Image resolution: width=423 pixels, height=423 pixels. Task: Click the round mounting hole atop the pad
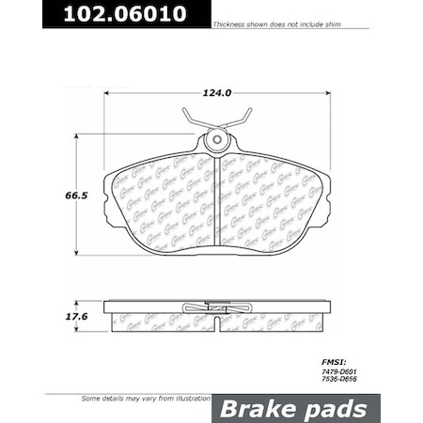[218, 142]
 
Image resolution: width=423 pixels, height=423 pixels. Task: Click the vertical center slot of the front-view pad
[218, 202]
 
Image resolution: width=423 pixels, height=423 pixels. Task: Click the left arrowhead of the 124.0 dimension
[107, 92]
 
